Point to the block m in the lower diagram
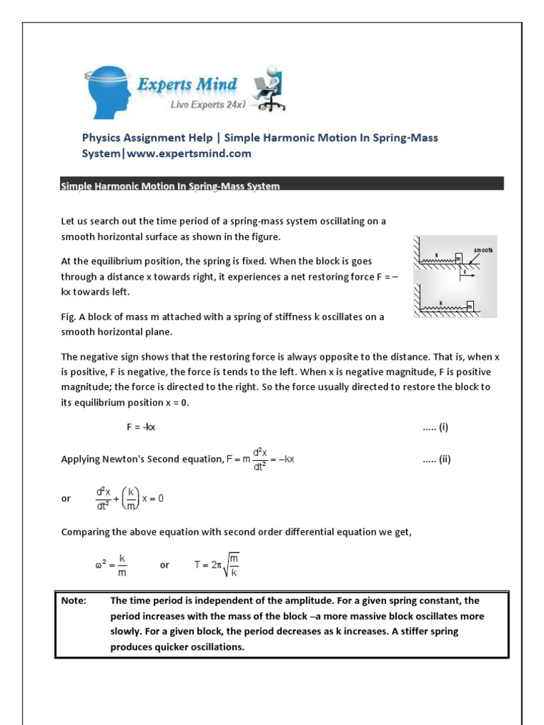pos(470,306)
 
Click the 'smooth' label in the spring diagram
pos(484,250)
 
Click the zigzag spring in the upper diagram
pos(438,260)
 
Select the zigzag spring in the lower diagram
pos(443,307)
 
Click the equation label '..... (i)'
pos(435,427)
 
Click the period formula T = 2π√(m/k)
pos(220,564)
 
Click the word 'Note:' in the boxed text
pos(74,600)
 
